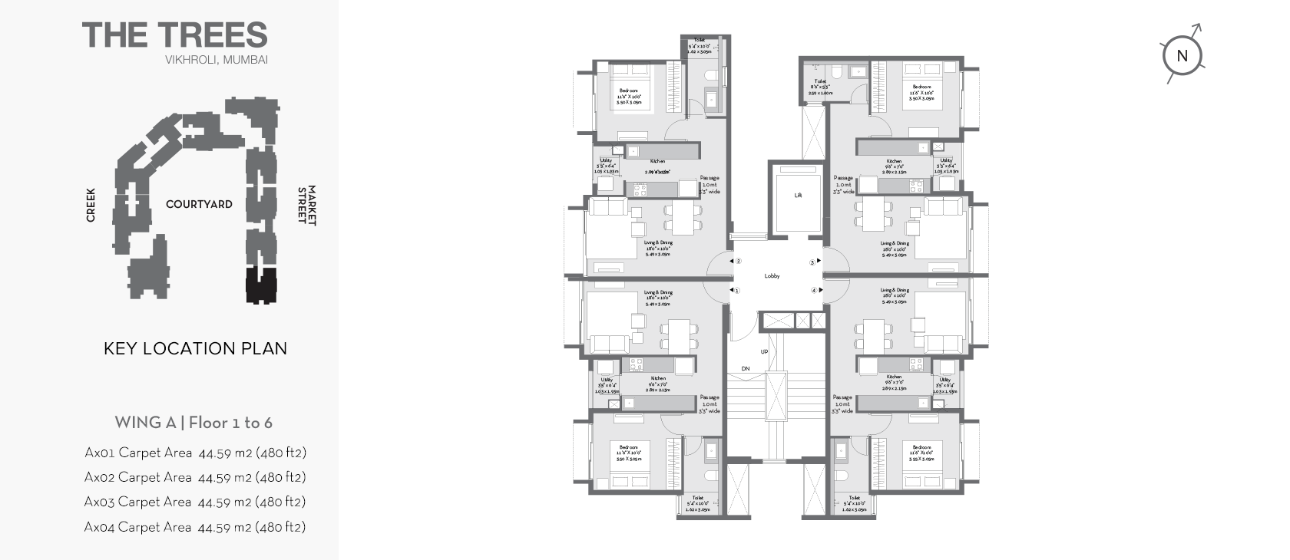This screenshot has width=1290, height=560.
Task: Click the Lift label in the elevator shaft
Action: click(x=798, y=196)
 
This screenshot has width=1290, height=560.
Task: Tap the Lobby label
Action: click(x=772, y=276)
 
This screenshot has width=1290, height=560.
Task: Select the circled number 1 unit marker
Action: click(x=736, y=291)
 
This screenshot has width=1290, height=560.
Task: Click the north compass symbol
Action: click(x=1182, y=55)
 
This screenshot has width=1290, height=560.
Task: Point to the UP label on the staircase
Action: click(x=764, y=352)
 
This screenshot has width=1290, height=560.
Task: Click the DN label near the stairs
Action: click(x=745, y=370)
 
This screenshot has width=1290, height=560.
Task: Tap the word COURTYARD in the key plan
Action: click(x=199, y=205)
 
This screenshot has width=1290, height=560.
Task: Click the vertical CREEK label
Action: click(x=91, y=205)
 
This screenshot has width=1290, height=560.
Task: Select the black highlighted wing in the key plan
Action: click(x=261, y=285)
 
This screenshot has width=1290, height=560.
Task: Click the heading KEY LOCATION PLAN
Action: click(x=195, y=348)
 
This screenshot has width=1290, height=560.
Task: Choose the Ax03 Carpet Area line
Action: click(x=195, y=502)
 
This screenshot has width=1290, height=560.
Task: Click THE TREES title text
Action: click(x=175, y=35)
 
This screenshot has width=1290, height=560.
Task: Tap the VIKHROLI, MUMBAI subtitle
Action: click(x=216, y=60)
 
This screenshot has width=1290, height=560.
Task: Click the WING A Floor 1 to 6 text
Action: click(x=193, y=423)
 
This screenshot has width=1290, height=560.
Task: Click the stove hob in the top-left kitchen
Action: click(x=637, y=189)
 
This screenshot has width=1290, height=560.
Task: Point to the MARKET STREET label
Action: click(x=306, y=205)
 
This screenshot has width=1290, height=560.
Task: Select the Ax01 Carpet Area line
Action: click(x=195, y=453)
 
